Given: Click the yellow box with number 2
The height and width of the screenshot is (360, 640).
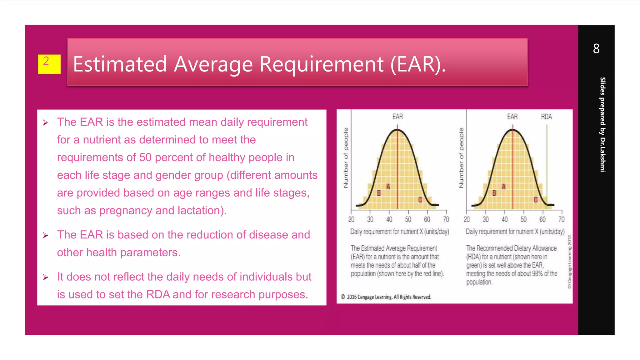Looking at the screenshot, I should [49, 64].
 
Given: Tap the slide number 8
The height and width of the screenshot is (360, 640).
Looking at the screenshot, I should [596, 49].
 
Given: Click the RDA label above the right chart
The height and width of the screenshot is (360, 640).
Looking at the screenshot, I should [546, 117].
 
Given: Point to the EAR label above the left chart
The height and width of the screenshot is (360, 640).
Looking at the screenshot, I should [397, 117].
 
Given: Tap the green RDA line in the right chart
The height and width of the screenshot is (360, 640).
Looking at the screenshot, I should [547, 162].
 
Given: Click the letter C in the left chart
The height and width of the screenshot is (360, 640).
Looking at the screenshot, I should [420, 200].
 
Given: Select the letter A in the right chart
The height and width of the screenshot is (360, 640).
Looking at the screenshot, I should [503, 187].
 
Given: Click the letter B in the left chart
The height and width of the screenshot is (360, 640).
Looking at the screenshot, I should [379, 193].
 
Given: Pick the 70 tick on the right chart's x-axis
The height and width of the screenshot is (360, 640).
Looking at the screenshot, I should [562, 219].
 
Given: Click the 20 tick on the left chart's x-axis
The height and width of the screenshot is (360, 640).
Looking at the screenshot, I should [351, 219].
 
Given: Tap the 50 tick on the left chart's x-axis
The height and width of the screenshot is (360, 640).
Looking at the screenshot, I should [408, 219].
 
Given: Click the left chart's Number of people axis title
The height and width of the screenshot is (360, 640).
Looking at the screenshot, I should [346, 158].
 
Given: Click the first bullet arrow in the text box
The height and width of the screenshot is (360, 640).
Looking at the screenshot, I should [46, 123].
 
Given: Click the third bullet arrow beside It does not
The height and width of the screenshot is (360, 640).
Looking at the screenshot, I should [46, 277].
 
